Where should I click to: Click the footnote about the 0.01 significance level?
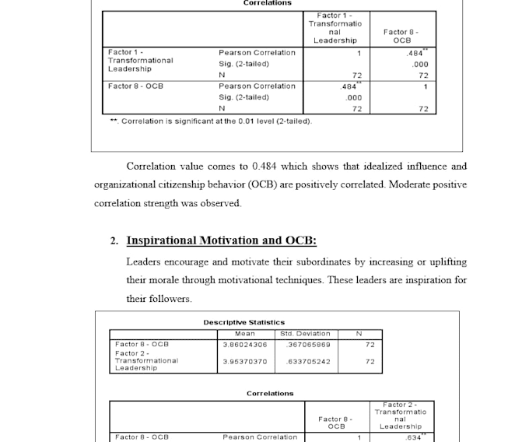pyautogui.click(x=210, y=121)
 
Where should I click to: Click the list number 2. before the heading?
pyautogui.click(x=114, y=241)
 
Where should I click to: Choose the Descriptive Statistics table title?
pyautogui.click(x=243, y=322)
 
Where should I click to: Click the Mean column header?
pyautogui.click(x=244, y=333)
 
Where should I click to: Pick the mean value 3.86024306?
pyautogui.click(x=244, y=343)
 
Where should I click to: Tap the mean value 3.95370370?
pyautogui.click(x=244, y=361)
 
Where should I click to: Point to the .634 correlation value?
pyautogui.click(x=412, y=437)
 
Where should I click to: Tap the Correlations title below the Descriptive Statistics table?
pyautogui.click(x=270, y=394)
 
